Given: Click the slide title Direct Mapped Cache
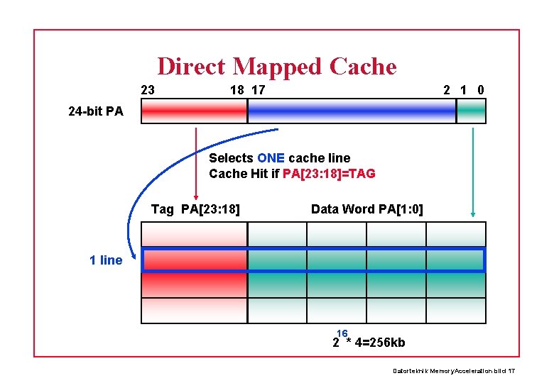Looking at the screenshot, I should (x=276, y=66).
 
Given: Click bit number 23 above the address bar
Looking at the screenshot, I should (x=148, y=90).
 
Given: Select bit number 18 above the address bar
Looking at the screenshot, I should (x=237, y=90).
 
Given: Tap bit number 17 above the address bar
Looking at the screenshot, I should (x=259, y=90).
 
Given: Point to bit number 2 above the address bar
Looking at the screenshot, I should (x=446, y=90).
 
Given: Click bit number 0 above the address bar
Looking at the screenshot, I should (x=481, y=90).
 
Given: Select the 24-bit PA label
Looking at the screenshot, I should (x=95, y=111).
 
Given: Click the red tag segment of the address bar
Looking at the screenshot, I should (x=194, y=111).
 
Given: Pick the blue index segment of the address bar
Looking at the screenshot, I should (x=352, y=111).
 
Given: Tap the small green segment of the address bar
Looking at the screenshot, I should (x=471, y=111).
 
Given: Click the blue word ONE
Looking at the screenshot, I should (x=271, y=157).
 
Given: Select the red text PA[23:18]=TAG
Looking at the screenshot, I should (x=329, y=174).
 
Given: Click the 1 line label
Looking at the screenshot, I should (x=106, y=260).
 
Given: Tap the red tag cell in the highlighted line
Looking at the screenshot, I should (x=195, y=260).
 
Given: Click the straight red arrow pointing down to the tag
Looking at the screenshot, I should (x=195, y=163).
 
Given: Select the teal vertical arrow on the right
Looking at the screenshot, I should (x=472, y=170).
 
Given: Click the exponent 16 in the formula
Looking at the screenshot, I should (x=342, y=333).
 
